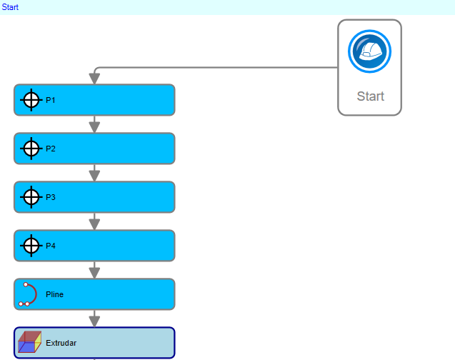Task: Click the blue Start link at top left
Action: (x=10, y=7)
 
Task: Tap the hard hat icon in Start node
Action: (x=369, y=51)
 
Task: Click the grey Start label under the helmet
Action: (x=371, y=96)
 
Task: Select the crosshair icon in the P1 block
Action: (x=31, y=100)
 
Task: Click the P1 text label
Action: (x=51, y=100)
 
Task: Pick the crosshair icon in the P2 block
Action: (x=31, y=149)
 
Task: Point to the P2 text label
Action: (x=51, y=149)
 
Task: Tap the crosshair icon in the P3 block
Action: (x=31, y=197)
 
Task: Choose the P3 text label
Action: (x=51, y=197)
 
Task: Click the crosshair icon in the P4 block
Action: (x=31, y=246)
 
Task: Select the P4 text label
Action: (x=51, y=246)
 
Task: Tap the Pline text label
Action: (x=54, y=294)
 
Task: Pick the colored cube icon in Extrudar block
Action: (x=29, y=342)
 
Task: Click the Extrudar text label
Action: (x=61, y=343)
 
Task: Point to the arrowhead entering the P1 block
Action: (x=94, y=79)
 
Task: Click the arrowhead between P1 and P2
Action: (x=94, y=127)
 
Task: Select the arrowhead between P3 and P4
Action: (x=94, y=224)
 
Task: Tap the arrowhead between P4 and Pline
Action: (x=94, y=273)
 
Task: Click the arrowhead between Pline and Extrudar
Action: (x=94, y=321)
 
